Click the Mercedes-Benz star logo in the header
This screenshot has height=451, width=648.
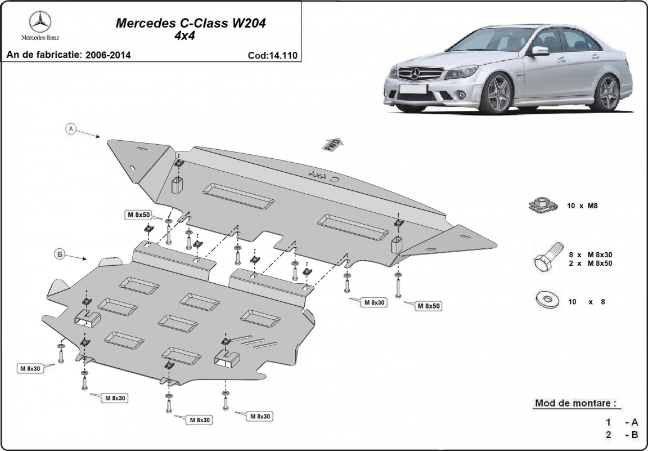click(40, 22)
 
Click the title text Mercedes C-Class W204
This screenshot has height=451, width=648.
click(191, 24)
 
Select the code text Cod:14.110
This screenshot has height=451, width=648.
click(272, 55)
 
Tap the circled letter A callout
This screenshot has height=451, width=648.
click(71, 129)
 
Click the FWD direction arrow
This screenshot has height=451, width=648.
click(331, 144)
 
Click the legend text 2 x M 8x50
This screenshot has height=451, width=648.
click(590, 263)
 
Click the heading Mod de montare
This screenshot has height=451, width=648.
click(574, 403)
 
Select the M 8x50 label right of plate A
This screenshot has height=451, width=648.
click(429, 306)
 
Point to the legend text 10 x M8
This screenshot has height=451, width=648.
click(582, 206)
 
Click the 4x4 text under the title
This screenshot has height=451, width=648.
click(191, 35)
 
